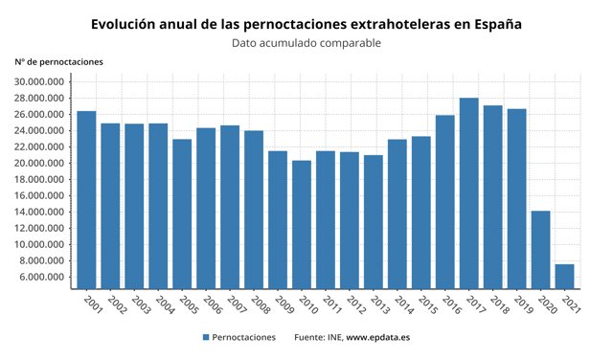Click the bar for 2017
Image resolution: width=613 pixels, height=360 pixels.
pyautogui.click(x=469, y=192)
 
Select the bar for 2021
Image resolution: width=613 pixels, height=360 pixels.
pyautogui.click(x=565, y=276)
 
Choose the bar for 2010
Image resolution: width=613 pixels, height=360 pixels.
pyautogui.click(x=302, y=224)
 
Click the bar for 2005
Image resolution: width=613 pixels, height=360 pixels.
pyautogui.click(x=182, y=214)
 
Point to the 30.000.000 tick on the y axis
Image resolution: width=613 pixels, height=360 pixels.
pyautogui.click(x=39, y=81)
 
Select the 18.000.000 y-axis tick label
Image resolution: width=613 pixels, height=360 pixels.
pyautogui.click(x=39, y=179)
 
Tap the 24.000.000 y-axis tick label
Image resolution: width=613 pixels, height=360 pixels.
pyautogui.click(x=39, y=130)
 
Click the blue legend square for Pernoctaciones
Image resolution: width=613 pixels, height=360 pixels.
pyautogui.click(x=206, y=338)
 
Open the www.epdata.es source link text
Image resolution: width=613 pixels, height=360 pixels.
pyautogui.click(x=378, y=338)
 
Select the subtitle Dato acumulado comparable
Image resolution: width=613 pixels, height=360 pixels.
pyautogui.click(x=306, y=43)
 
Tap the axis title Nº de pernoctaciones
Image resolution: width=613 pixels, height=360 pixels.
pyautogui.click(x=59, y=62)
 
